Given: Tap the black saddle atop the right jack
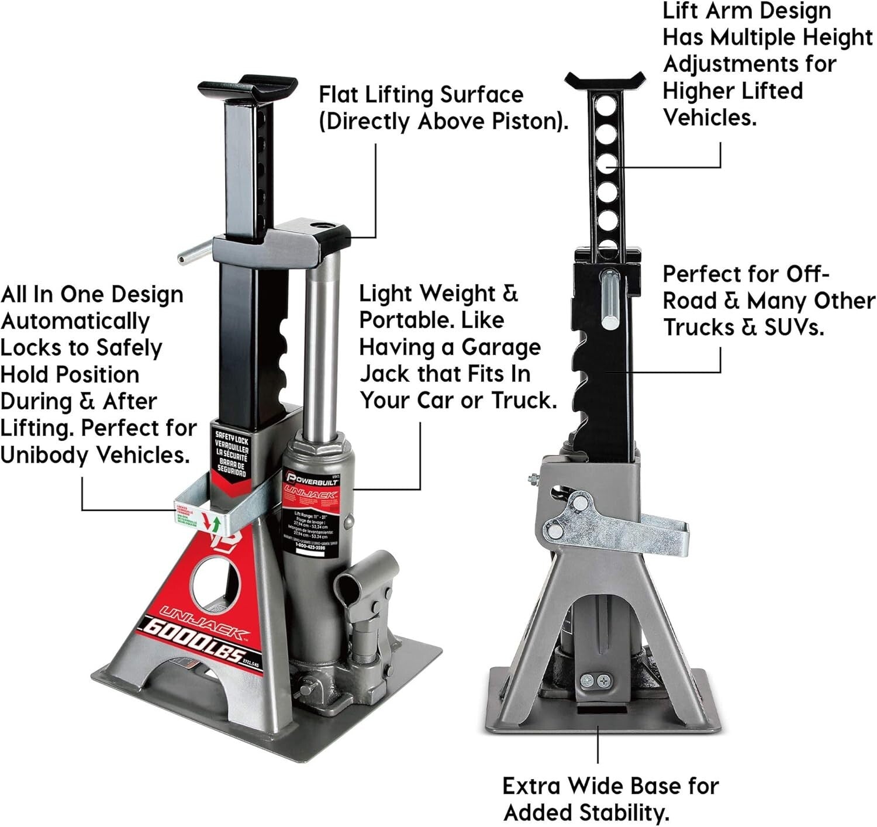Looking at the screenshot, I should (x=606, y=81).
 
